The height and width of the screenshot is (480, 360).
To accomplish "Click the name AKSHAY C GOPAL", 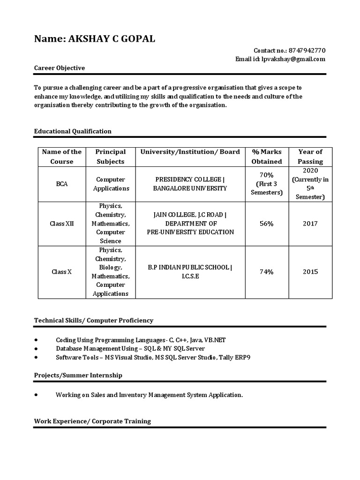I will pyautogui.click(x=112, y=39).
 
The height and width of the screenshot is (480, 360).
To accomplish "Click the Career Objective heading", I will pyautogui.click(x=60, y=68).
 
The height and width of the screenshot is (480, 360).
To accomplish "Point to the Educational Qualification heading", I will pyautogui.click(x=73, y=131).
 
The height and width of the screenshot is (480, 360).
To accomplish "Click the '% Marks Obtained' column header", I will pyautogui.click(x=267, y=157).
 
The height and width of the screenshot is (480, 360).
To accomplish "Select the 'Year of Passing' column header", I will pyautogui.click(x=310, y=157).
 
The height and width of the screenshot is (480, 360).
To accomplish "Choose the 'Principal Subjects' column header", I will pyautogui.click(x=111, y=157).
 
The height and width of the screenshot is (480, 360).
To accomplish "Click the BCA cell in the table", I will pyautogui.click(x=62, y=184).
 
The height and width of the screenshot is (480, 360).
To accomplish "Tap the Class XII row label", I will pyautogui.click(x=62, y=224).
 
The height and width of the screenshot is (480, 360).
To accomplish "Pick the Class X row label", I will pyautogui.click(x=62, y=272).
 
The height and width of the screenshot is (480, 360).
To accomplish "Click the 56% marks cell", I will pyautogui.click(x=267, y=224).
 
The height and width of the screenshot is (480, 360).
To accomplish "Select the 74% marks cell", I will pyautogui.click(x=267, y=272).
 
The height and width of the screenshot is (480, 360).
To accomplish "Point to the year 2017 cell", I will pyautogui.click(x=310, y=224).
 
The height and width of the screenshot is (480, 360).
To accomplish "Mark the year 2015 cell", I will pyautogui.click(x=310, y=272).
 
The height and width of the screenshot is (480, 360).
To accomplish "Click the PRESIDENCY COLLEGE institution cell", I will pyautogui.click(x=190, y=184).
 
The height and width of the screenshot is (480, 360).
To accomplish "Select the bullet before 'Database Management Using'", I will pyautogui.click(x=37, y=348).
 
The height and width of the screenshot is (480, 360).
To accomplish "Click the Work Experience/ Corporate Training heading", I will pyautogui.click(x=92, y=421).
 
